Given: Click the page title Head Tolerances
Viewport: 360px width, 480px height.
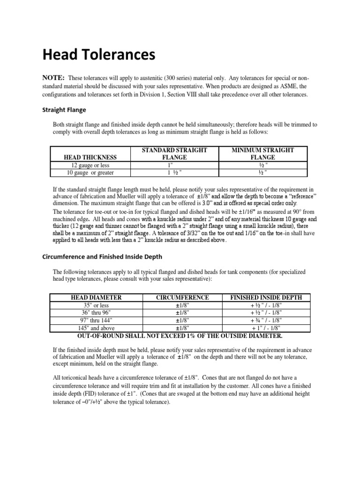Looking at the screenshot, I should pos(98,56).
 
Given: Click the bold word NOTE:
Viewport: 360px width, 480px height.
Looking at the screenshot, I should pos(53,77).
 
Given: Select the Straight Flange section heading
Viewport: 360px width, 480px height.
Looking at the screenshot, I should pos(64,110).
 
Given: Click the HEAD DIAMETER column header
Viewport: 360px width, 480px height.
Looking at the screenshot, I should pos(96,298).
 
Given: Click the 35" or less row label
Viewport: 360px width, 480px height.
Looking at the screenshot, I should pos(96,305).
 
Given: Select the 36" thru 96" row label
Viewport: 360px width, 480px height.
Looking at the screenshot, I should pos(96,313).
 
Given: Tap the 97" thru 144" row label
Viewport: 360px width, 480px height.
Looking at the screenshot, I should pos(96,320).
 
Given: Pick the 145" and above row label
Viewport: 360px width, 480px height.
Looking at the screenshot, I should pos(96,328).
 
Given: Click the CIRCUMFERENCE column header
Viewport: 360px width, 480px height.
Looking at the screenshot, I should pos(182,298).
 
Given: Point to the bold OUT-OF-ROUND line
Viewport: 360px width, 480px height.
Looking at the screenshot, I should pos(179,336).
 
